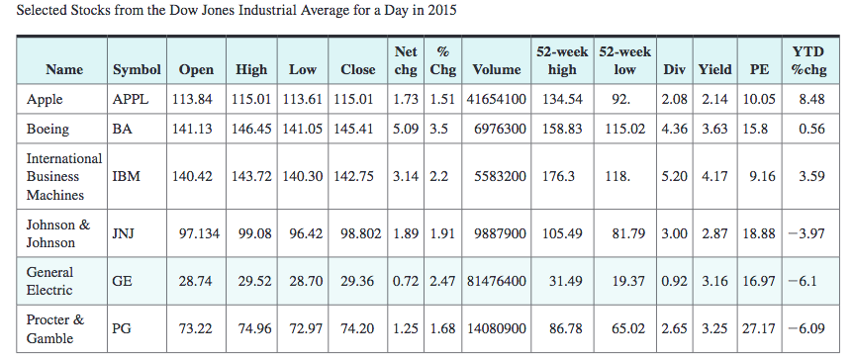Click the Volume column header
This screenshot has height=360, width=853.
497,69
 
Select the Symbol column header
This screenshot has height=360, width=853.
137,69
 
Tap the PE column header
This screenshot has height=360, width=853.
759,69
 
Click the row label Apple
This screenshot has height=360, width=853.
45,99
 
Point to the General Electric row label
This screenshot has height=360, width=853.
50,280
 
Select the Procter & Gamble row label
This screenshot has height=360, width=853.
54,327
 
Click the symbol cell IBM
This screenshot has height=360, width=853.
126,176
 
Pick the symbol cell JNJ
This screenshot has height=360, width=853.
123,233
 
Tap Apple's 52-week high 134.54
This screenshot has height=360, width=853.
563,99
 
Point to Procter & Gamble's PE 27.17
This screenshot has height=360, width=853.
759,328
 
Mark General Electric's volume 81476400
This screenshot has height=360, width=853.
497,281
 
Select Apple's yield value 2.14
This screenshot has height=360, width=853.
714,99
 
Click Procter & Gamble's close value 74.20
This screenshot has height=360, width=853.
357,328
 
